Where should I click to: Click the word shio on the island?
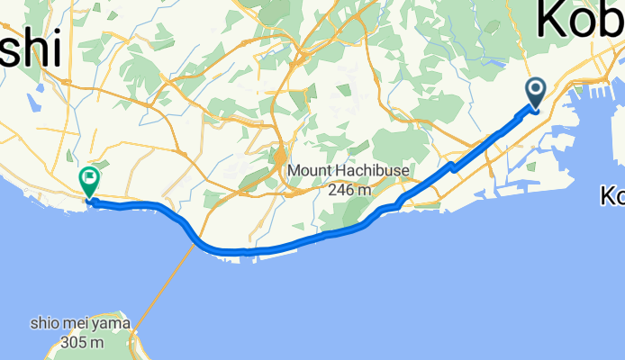point(44,323)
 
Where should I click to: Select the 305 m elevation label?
point(80,342)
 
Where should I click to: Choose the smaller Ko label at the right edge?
point(612,195)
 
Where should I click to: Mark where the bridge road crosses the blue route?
point(196,239)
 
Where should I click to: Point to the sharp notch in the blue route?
point(451,167)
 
